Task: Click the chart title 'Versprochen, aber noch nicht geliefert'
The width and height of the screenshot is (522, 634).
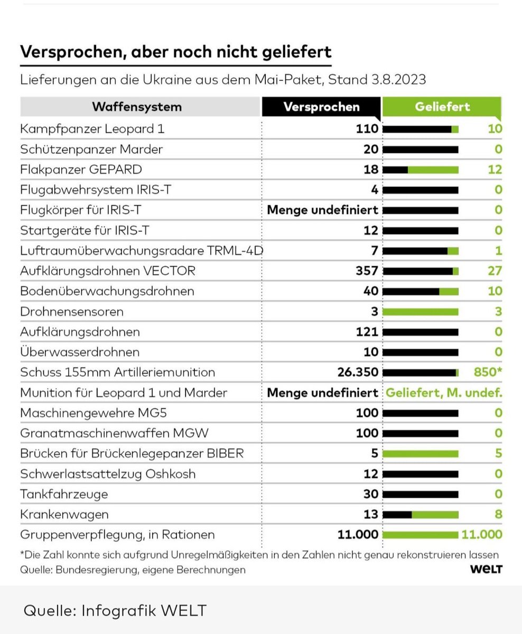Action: click(x=175, y=52)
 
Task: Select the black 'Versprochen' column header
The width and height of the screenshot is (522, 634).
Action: click(x=321, y=107)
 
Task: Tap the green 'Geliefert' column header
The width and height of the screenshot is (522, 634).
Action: click(x=442, y=107)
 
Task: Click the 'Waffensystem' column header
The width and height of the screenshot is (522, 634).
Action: click(x=136, y=107)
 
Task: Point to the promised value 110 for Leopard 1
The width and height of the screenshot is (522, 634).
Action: click(x=368, y=128)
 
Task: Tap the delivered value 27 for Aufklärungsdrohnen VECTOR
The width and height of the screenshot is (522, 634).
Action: click(x=494, y=271)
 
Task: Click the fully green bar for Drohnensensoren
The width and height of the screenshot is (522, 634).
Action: click(x=421, y=312)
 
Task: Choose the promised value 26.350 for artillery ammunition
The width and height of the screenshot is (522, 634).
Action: click(x=358, y=372)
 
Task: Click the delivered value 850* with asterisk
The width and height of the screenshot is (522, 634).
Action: click(x=488, y=372)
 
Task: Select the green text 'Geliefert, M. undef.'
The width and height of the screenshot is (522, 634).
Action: click(x=443, y=393)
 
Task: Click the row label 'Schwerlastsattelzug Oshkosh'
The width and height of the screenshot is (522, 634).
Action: click(x=108, y=474)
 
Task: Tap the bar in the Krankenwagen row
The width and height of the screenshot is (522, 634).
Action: click(x=421, y=515)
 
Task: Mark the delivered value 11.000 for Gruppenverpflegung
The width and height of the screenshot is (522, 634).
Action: click(x=481, y=535)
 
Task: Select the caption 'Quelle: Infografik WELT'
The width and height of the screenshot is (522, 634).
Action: click(x=115, y=611)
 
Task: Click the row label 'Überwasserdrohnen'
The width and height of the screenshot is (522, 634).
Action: click(x=80, y=352)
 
